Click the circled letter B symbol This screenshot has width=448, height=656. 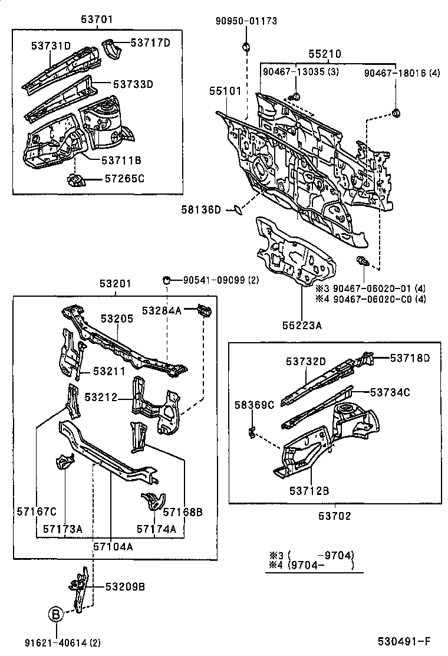pos(55,615)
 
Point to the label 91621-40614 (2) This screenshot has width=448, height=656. pos(58,643)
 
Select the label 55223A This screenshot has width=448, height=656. pos(301,324)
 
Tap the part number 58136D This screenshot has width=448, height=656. pos(201,209)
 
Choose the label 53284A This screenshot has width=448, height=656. pos(161,309)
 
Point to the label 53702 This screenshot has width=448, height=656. pos(335,516)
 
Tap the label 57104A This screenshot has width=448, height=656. pos(112,546)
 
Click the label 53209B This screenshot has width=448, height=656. pos(125,586)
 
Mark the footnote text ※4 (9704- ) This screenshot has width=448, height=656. pos(311,565)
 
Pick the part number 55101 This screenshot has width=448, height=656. pos(225,91)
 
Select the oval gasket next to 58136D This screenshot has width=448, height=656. pos(236,209)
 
